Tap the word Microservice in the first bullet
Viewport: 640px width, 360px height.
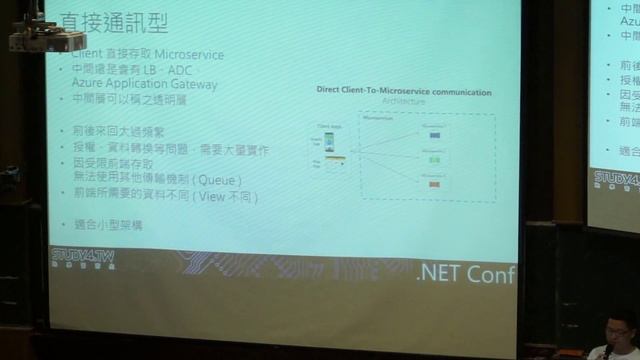(190, 55)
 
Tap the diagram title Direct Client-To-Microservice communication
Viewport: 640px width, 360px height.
(403, 92)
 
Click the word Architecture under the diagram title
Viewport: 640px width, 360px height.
(403, 102)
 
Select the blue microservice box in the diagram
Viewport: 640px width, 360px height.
(433, 134)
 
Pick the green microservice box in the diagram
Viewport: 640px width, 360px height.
(433, 159)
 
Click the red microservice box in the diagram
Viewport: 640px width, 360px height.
(433, 184)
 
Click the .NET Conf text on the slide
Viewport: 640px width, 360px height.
(466, 274)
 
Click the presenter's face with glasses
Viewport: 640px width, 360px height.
(618, 328)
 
